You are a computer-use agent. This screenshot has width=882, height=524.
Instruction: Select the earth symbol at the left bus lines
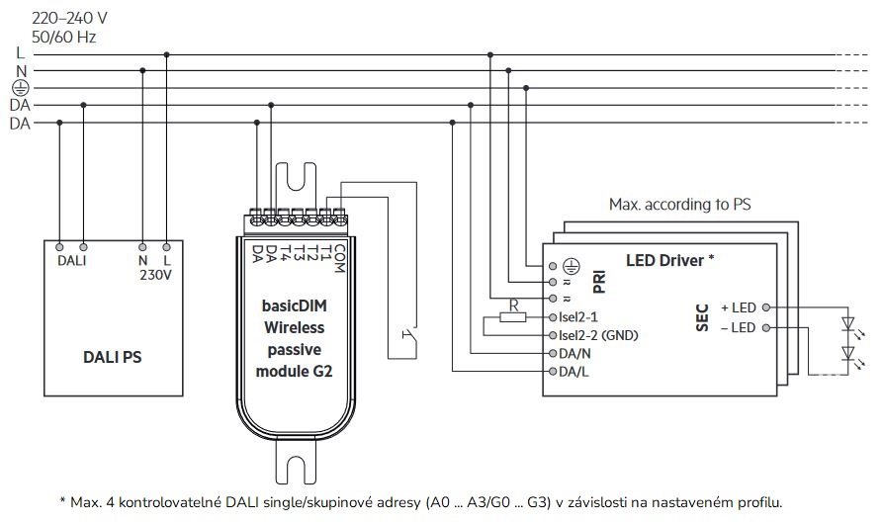[20, 88]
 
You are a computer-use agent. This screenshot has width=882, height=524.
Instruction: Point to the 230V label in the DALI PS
[155, 275]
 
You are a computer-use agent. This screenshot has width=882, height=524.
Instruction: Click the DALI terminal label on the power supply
[71, 260]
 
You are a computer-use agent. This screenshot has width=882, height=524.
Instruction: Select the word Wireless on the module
[295, 327]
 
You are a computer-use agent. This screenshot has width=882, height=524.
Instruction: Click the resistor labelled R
[513, 316]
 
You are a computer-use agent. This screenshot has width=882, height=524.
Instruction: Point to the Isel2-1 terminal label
[583, 317]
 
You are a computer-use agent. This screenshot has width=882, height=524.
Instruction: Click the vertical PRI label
[598, 282]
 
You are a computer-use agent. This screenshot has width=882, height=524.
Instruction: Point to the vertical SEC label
[703, 317]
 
